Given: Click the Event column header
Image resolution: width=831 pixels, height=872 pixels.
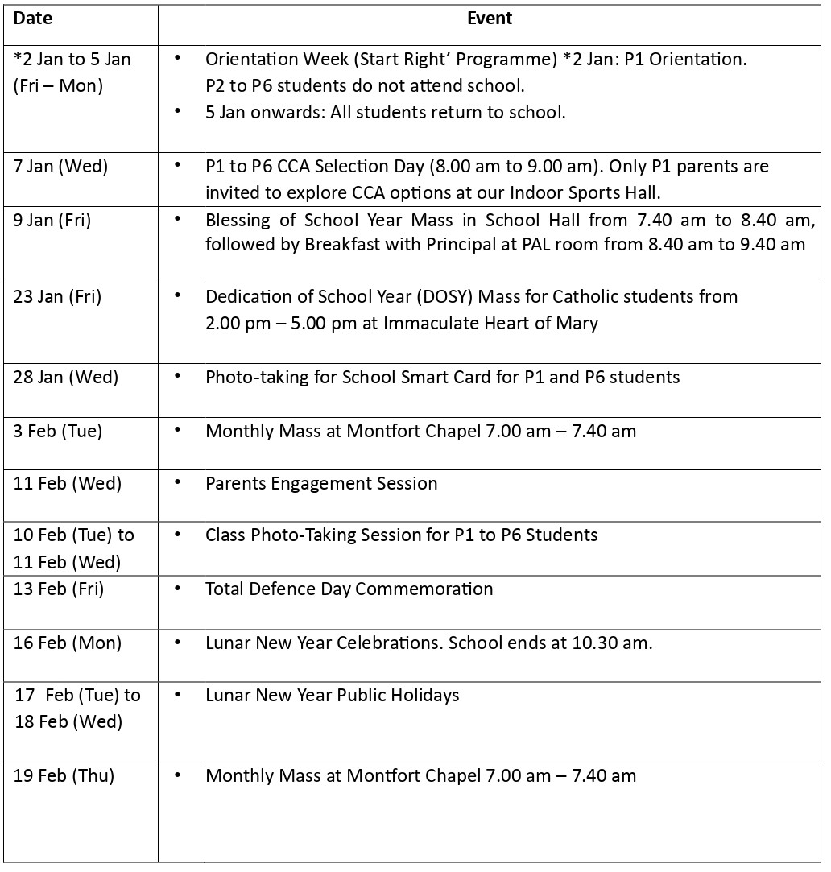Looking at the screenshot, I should [490, 19].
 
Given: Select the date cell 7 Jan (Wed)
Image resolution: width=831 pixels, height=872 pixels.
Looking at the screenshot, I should [60, 167].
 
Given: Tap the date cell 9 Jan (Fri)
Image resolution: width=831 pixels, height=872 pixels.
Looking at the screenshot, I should [52, 220].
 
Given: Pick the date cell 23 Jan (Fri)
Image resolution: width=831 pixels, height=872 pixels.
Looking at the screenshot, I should [57, 296].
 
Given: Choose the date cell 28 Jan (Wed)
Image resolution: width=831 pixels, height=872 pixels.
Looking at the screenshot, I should [65, 377].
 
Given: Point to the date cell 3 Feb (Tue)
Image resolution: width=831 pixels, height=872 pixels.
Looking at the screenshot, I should [58, 431].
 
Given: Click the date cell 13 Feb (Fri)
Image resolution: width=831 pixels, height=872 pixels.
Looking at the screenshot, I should [59, 589].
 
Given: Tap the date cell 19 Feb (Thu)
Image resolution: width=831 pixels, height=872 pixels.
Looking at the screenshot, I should [64, 775].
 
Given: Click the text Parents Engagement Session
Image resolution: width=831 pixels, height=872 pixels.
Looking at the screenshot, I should [321, 483].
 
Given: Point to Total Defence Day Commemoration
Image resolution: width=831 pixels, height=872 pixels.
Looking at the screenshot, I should [349, 589].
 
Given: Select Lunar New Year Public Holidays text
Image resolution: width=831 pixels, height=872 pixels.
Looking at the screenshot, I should [332, 695].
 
